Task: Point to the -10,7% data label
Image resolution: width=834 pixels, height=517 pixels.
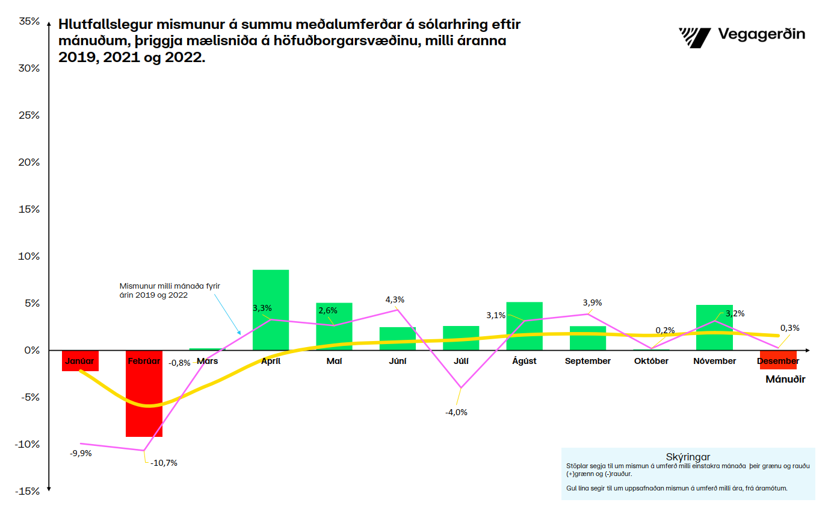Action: tap(163, 463)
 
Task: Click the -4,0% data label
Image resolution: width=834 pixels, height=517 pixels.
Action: tap(456, 413)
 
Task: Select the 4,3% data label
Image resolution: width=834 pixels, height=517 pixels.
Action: tap(395, 299)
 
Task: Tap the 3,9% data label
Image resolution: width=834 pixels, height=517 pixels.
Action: tap(592, 302)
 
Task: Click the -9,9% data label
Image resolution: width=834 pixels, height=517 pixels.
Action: tap(81, 453)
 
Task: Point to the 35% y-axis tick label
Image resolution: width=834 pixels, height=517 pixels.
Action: tap(29, 22)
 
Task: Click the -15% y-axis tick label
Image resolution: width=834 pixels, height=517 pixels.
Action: tap(28, 491)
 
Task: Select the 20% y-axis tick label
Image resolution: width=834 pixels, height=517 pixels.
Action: tap(29, 163)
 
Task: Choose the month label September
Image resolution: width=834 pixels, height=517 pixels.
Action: tap(588, 361)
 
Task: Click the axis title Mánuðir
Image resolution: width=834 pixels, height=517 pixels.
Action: tap(785, 380)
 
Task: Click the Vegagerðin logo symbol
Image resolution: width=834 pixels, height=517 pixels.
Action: tap(694, 37)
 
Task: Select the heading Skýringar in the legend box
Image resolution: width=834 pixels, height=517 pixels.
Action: tap(688, 457)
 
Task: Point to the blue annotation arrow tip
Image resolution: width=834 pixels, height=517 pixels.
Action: tap(240, 334)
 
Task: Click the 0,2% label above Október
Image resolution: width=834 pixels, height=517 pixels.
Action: tap(665, 330)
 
